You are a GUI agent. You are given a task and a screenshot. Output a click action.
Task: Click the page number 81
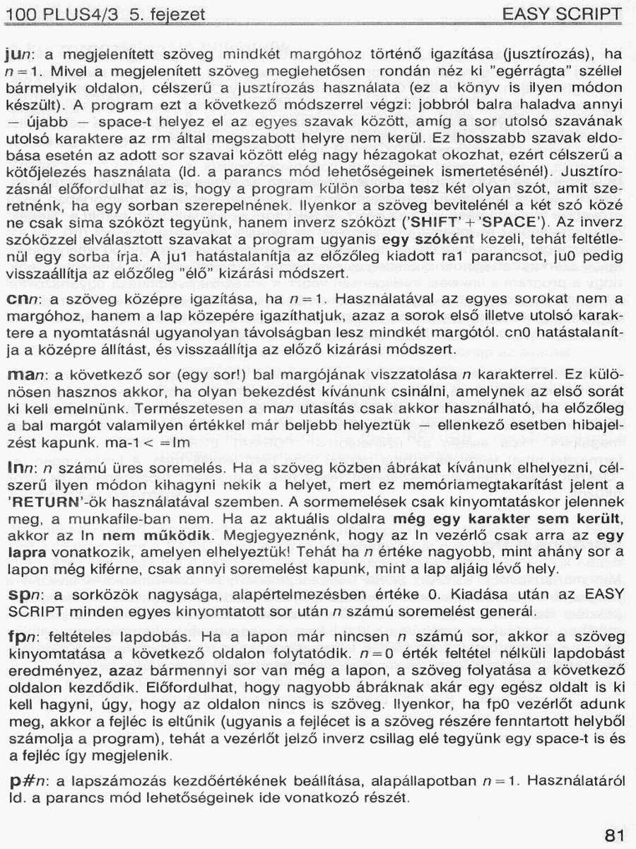point(615,835)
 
